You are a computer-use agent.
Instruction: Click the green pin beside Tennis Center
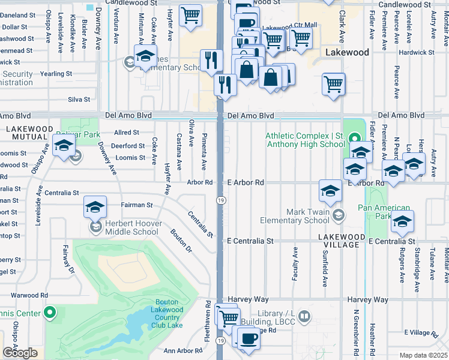pyautogui.click(x=50, y=313)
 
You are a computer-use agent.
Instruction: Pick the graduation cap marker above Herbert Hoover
pyautogui.click(x=95, y=207)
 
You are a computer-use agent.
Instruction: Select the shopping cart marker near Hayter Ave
pyautogui.click(x=190, y=16)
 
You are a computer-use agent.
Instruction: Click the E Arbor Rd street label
pyautogui.click(x=246, y=182)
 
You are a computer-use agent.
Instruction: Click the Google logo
pyautogui.click(x=20, y=353)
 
